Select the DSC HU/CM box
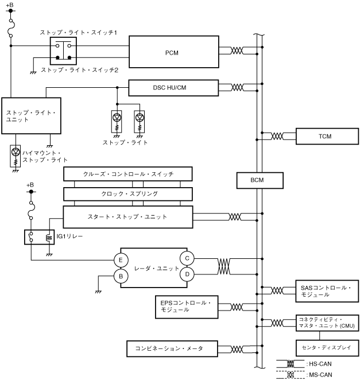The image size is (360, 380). pos(173,87)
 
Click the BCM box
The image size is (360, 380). pos(257,180)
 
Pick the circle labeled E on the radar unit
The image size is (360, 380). pos(121,260)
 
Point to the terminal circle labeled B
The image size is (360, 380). pos(121,277)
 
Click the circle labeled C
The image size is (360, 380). pos(187,258)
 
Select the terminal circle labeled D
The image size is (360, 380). pos(187,274)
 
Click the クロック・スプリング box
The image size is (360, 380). pos(127,194)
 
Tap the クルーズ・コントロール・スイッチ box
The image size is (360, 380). pos(127,173)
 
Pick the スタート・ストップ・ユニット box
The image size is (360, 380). pos(127,217)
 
